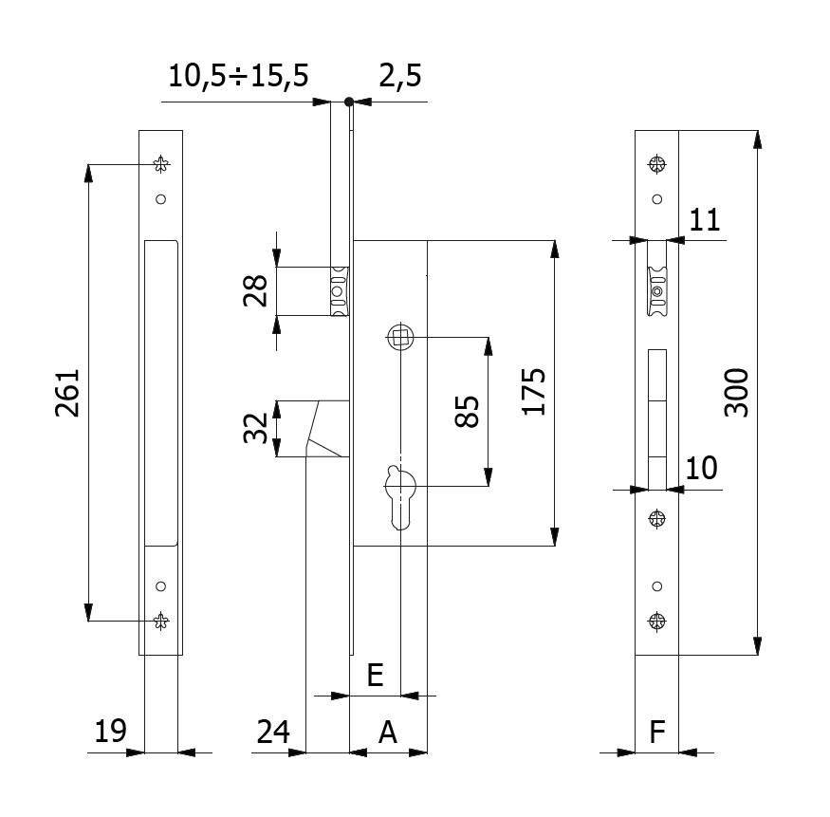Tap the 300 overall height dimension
pos(736,392)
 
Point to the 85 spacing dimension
pos(468,412)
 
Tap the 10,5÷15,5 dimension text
pos(238,77)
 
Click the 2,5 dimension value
pos(400,77)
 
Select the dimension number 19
pos(110,731)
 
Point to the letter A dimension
pos(387,732)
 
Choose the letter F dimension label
pos(656,732)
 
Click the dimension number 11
pos(705,220)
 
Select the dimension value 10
pos(702,468)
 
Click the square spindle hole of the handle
pos(399,336)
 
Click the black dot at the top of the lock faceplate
pos(349,102)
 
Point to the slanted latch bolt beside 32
pos(327,430)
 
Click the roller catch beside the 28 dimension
pos(339,291)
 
